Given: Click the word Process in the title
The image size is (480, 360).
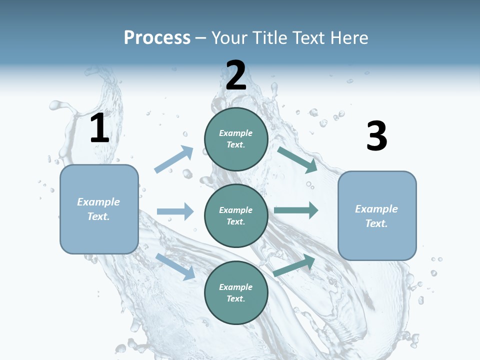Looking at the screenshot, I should tap(157, 38).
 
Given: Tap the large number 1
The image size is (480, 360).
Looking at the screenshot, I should tap(99, 128).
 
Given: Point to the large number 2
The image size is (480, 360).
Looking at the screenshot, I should tap(236, 75).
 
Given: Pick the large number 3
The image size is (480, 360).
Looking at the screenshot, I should tap(376, 136).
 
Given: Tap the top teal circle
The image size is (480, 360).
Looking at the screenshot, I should tap(236, 139).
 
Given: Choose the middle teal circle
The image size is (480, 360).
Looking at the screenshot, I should tap(236, 215).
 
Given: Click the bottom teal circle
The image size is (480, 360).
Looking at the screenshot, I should tap(236, 292).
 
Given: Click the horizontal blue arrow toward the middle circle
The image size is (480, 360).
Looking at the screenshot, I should tap(175, 211).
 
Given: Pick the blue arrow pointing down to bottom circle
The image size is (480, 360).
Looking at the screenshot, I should tap(175, 266).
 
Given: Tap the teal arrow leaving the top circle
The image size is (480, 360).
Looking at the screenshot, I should tap(297, 159).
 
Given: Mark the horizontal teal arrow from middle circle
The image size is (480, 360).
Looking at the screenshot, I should tap(296, 210).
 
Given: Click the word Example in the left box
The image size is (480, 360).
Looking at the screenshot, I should tap(98, 202).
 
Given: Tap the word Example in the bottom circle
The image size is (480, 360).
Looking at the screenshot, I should tap(236, 287).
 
